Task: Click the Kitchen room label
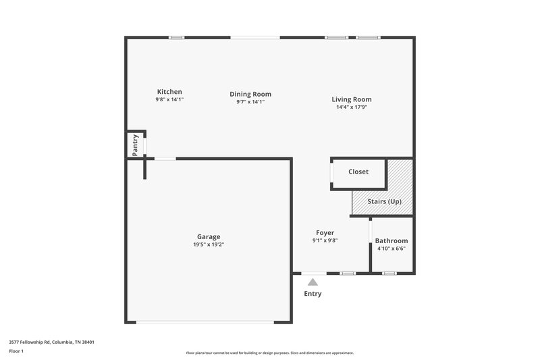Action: click(169, 92)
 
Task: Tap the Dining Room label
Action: click(250, 95)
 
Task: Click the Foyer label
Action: click(325, 233)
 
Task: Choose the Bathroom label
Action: click(391, 240)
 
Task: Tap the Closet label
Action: click(358, 172)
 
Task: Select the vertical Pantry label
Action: click(136, 145)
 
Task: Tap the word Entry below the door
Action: click(313, 294)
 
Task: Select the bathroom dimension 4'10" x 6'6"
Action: click(391, 249)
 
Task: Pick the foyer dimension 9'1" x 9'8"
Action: click(325, 241)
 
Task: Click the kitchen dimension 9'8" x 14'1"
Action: click(169, 100)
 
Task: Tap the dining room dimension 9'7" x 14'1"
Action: click(250, 103)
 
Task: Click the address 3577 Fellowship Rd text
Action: click(51, 342)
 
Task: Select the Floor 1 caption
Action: click(16, 351)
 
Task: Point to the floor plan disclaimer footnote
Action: click(270, 353)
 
